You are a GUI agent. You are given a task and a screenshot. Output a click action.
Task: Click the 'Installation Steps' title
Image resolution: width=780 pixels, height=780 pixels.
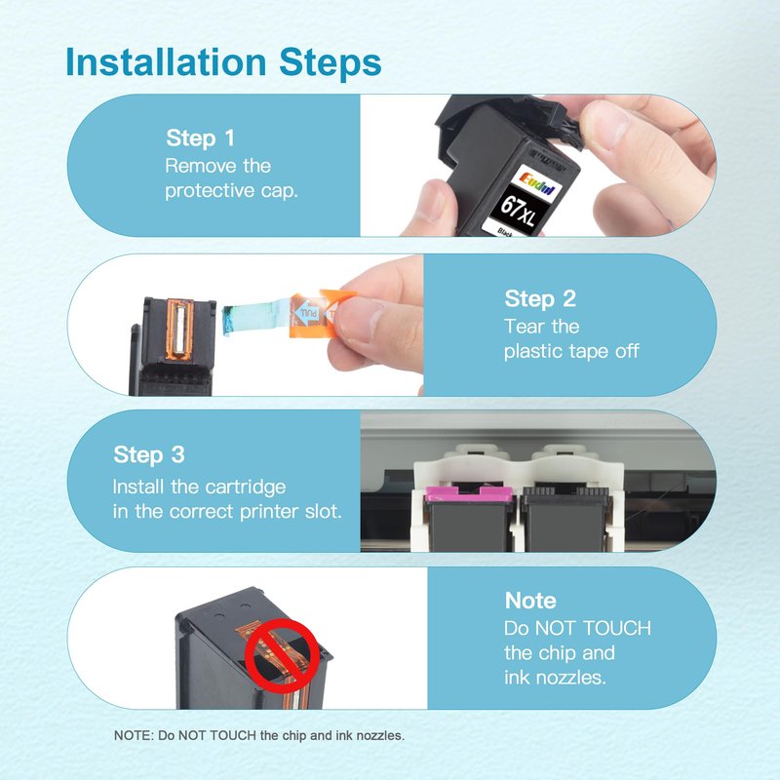click(223, 62)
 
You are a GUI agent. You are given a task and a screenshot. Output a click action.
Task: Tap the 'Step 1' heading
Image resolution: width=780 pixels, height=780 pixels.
click(200, 137)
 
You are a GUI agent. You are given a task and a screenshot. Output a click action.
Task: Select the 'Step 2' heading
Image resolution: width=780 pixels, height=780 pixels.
click(540, 298)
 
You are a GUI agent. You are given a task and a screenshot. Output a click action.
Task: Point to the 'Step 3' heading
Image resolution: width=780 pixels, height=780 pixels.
click(149, 454)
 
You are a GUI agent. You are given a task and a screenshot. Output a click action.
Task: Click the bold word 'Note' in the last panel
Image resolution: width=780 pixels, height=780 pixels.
click(530, 601)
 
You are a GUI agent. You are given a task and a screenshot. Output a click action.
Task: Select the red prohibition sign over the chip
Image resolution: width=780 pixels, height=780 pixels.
click(283, 655)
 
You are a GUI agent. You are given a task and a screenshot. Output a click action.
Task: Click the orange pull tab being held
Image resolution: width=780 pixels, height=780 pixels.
click(321, 312)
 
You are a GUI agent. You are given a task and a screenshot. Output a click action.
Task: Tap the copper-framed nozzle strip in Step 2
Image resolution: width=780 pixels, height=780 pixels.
click(179, 330)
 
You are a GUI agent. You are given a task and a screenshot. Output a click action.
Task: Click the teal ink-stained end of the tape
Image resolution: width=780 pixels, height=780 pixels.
click(229, 321)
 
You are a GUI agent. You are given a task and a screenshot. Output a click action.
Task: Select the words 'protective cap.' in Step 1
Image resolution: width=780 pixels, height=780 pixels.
click(231, 191)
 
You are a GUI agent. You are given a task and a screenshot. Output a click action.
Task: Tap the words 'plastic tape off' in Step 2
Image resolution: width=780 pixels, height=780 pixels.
click(571, 351)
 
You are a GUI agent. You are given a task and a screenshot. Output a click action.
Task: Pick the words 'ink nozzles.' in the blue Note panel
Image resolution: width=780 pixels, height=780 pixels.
click(555, 677)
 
